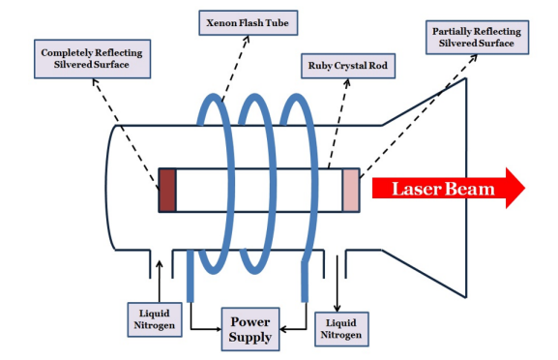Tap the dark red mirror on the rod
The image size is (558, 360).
(168, 190)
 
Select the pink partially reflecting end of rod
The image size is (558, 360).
(350, 190)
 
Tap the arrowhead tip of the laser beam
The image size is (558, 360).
(523, 188)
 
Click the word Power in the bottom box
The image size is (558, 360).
(249, 319)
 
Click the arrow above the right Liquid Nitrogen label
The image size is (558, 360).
(339, 285)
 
